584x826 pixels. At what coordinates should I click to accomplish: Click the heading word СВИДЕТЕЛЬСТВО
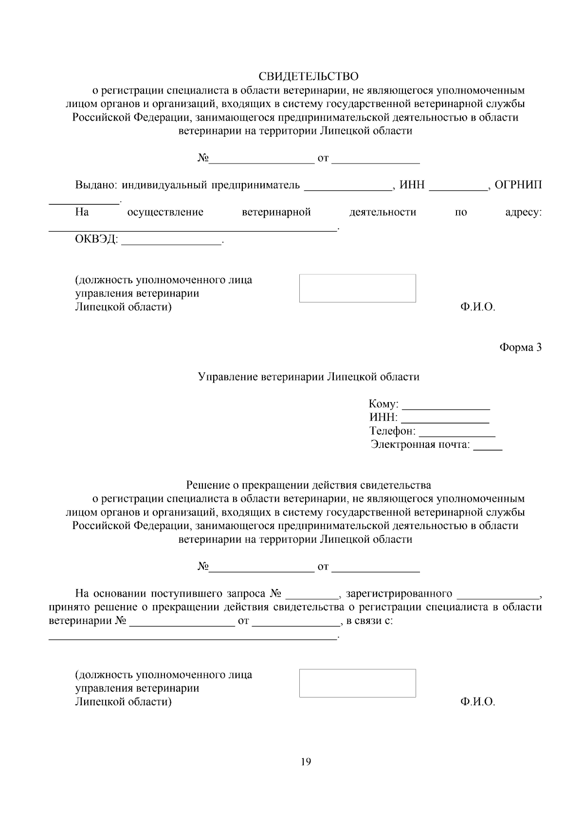tap(308, 76)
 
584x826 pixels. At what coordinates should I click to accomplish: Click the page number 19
tap(306, 762)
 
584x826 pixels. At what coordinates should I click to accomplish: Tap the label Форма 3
tap(520, 348)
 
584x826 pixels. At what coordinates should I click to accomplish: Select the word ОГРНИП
tap(518, 185)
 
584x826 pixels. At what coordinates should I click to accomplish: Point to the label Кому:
tap(383, 404)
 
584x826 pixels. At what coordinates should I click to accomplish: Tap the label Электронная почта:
tap(420, 444)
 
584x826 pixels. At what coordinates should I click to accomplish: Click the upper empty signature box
tap(357, 288)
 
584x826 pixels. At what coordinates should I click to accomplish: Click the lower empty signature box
tap(357, 683)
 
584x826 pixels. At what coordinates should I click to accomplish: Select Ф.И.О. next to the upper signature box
tap(477, 307)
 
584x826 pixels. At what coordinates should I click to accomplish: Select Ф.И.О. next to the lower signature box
tap(477, 702)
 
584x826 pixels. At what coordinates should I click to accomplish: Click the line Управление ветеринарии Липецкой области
tap(309, 377)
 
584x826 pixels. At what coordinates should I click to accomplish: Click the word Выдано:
tap(96, 185)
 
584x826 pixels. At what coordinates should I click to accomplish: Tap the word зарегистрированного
tap(399, 594)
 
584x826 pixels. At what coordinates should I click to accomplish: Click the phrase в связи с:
tap(369, 621)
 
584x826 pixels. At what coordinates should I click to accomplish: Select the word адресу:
tap(524, 212)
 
